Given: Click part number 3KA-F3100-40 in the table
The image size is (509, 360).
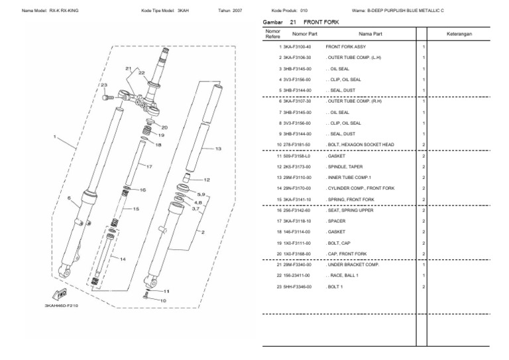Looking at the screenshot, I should coord(298,47).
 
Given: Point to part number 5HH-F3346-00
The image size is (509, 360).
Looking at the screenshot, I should coord(298,286).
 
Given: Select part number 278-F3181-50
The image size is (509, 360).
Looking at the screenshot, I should coord(298,145).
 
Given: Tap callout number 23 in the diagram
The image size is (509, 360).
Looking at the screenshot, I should coord(103,86).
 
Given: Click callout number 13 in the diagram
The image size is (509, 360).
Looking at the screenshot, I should coord(218,149).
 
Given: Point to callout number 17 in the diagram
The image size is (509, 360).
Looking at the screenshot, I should coord(148,166).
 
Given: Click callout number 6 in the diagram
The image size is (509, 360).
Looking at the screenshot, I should coord(68,198).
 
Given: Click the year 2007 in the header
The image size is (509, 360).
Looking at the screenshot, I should coord(236,10).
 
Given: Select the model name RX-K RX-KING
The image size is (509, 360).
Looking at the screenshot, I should coord(73,10).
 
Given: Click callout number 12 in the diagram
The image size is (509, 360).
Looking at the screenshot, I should coord(206,180).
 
